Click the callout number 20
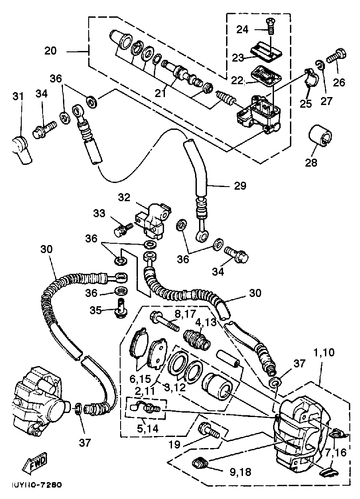50,51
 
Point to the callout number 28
311,163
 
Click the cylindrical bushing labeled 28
321,136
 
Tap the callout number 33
99,213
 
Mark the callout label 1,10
324,352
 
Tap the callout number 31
18,95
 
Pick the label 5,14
148,428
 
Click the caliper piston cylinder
217,386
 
